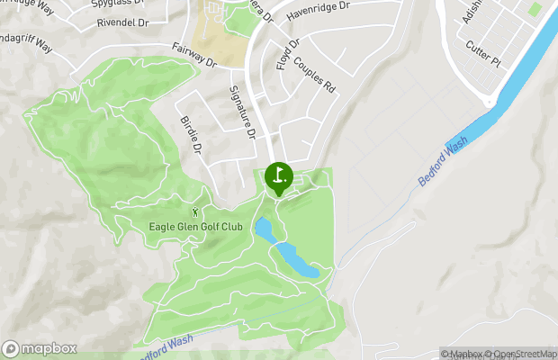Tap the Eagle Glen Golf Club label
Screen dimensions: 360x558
(x=195, y=226)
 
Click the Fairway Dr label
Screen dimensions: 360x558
(x=194, y=56)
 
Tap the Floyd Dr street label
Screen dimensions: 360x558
(x=287, y=55)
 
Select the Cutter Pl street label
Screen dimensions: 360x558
(x=483, y=52)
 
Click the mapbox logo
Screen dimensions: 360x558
(x=40, y=348)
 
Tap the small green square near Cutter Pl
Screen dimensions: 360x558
(x=535, y=8)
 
